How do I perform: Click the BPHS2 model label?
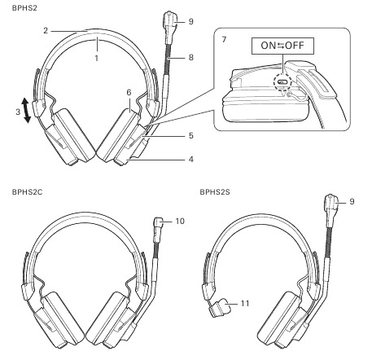point(24,8)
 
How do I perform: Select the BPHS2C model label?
point(27,192)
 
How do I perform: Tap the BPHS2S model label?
point(215,192)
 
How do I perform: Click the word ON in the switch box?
point(268,46)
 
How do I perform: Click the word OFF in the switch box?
point(295,46)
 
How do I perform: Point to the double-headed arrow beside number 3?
point(26,111)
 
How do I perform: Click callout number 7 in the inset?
point(224,39)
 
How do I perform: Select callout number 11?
point(245,303)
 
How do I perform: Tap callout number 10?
point(180,221)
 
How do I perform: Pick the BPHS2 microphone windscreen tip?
point(169,19)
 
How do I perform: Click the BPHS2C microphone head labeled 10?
point(159,222)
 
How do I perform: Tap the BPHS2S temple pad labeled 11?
point(220,307)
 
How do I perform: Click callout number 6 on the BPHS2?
point(129,93)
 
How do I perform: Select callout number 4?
point(191,159)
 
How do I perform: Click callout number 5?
point(191,135)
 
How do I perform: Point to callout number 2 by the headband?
point(46,31)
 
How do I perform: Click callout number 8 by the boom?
point(191,57)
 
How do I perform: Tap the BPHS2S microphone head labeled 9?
point(331,202)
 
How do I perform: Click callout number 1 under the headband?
point(96,58)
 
